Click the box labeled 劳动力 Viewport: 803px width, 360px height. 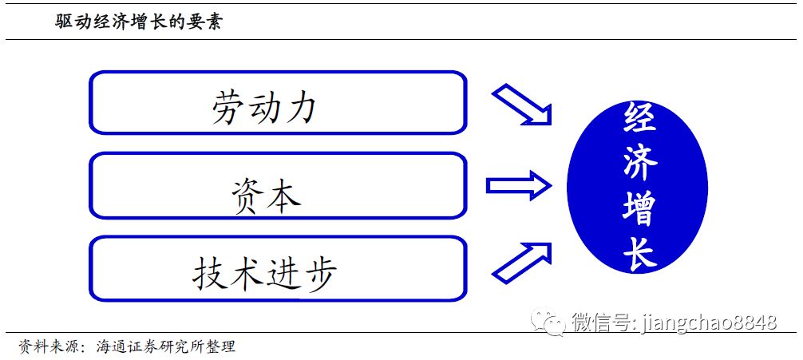pyautogui.click(x=277, y=103)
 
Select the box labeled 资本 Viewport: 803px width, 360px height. pyautogui.click(x=277, y=186)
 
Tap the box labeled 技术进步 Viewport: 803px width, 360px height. pyautogui.click(x=277, y=269)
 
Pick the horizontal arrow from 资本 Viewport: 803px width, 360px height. pyautogui.click(x=518, y=187)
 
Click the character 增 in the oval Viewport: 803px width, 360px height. pyautogui.click(x=639, y=209)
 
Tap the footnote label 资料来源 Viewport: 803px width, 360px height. pyautogui.click(x=49, y=347)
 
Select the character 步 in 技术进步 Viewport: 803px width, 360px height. pyautogui.click(x=319, y=274)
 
